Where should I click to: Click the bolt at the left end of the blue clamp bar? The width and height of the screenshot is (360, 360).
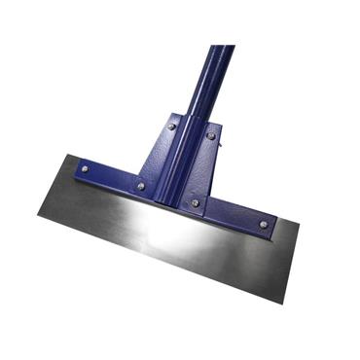pyautogui.click(x=85, y=168)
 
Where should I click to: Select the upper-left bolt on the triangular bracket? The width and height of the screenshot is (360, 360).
pyautogui.click(x=172, y=126)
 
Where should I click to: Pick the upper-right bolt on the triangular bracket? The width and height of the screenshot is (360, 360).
pyautogui.click(x=211, y=136)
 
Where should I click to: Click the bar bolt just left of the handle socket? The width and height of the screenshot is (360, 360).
pyautogui.click(x=140, y=185)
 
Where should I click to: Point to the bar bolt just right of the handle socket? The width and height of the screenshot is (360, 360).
pyautogui.click(x=195, y=202)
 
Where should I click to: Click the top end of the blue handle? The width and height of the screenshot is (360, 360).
pyautogui.click(x=221, y=49)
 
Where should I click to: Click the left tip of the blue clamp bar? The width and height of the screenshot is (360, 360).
pyautogui.click(x=71, y=162)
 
